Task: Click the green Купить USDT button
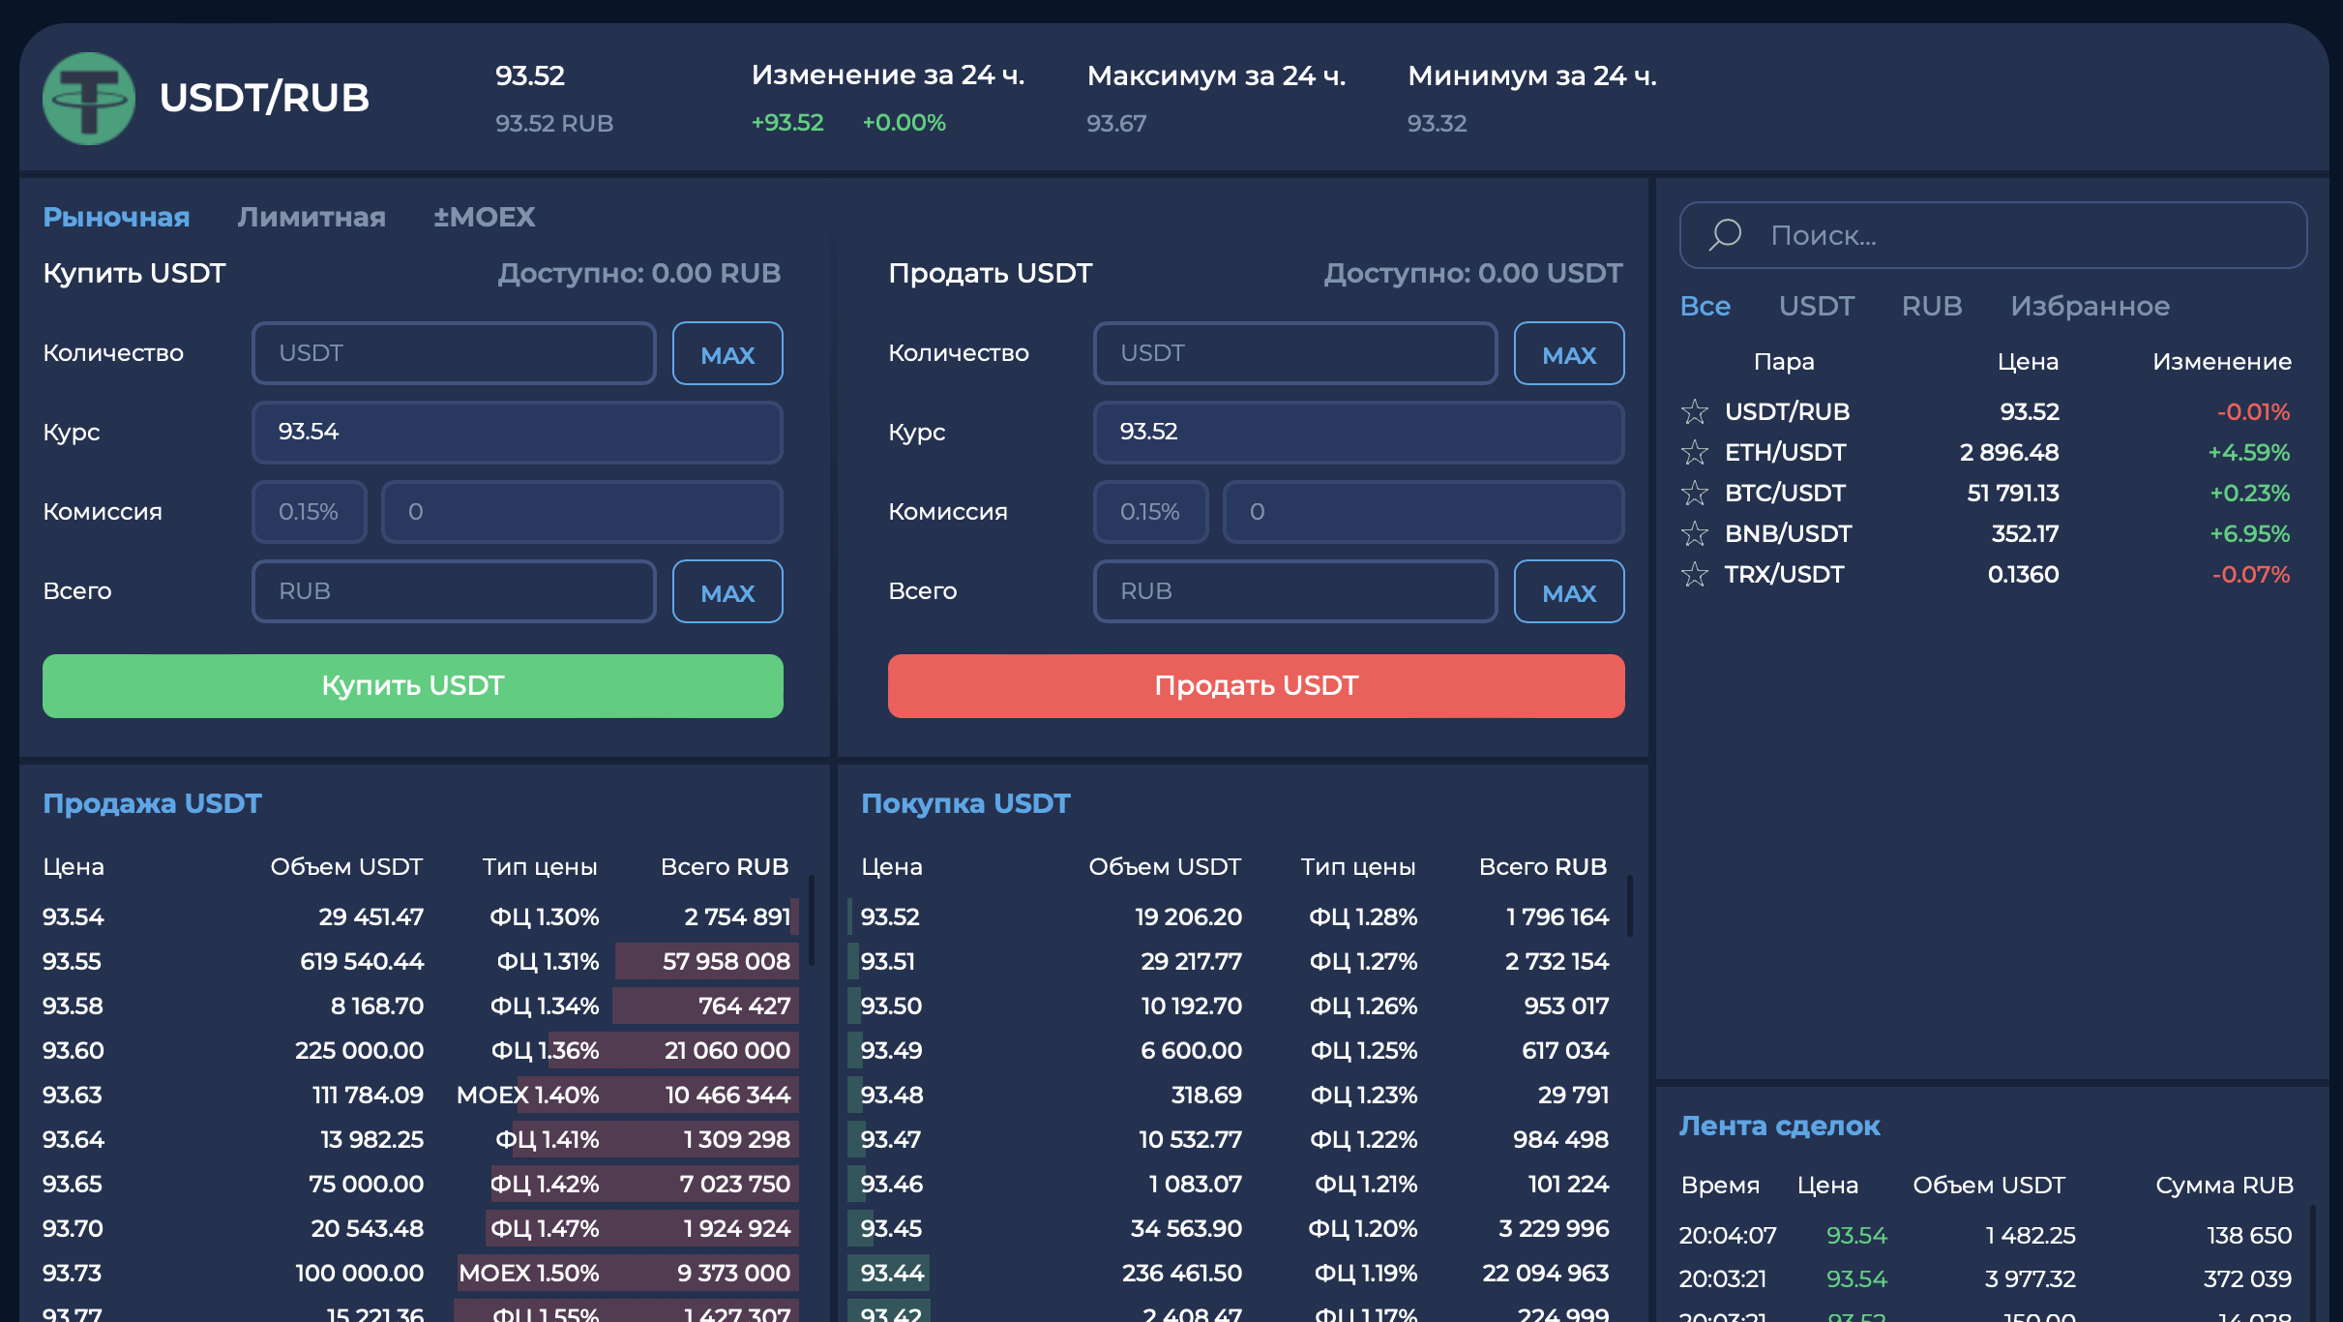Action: coord(413,685)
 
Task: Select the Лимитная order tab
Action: coord(311,217)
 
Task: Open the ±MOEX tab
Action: coord(484,217)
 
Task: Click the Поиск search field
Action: coord(1994,235)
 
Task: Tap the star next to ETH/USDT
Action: coord(1695,452)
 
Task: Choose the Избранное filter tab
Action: coord(2090,306)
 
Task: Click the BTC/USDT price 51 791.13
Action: coord(2013,493)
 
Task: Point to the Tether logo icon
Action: coord(89,99)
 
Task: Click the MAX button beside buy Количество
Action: coord(727,353)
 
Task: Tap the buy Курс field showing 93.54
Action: coord(518,432)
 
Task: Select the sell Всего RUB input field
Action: coord(1295,591)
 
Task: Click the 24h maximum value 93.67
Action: coord(1116,124)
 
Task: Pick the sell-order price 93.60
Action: coord(74,1050)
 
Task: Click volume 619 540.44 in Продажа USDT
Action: coord(362,961)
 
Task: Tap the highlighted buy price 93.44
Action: coord(892,1273)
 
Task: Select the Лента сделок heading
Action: coord(1780,1126)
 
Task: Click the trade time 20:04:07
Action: coord(1728,1235)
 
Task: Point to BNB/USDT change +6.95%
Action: coord(2249,533)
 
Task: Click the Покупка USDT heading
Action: coord(965,803)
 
